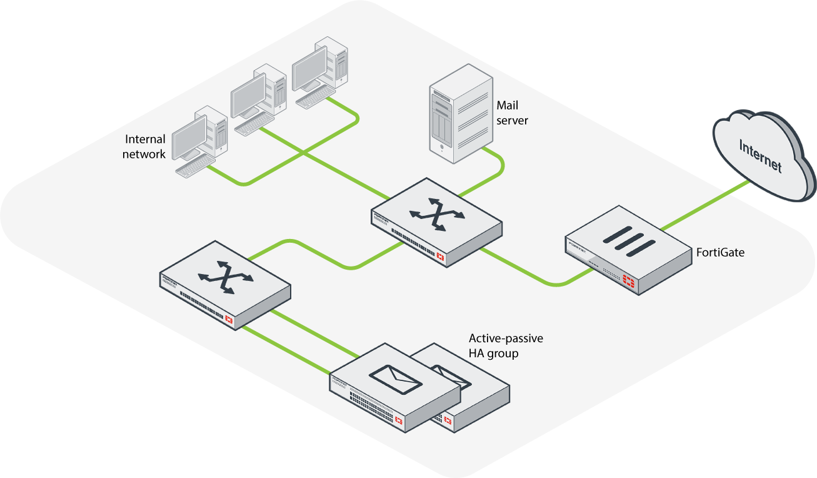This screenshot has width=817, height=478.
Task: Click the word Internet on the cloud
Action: coord(761,156)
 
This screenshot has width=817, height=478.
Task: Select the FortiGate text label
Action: coord(720,253)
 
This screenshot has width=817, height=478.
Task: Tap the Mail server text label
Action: coord(512,113)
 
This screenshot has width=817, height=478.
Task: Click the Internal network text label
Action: coord(144,146)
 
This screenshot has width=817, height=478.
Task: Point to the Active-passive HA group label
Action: coord(506,345)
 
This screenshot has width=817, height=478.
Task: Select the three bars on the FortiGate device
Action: coord(626,241)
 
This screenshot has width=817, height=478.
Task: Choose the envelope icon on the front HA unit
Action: coord(395,379)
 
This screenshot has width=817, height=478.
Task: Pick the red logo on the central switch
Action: coord(441,257)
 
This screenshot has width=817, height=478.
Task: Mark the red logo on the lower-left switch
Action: coord(229,320)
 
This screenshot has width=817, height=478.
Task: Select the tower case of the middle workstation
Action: coord(271,91)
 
